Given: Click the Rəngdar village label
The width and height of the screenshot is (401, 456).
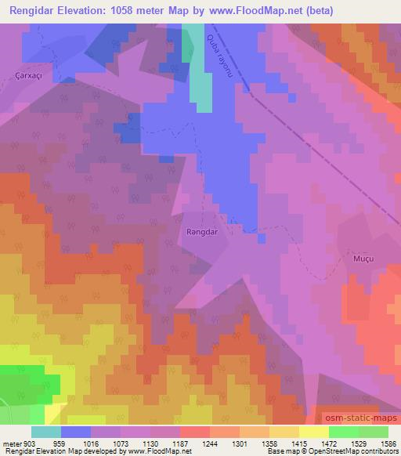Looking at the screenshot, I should click(x=201, y=232).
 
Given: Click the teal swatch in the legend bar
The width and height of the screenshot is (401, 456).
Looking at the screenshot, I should click(x=46, y=432).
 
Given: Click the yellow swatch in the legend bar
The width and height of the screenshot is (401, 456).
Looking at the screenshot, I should click(x=314, y=432).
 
